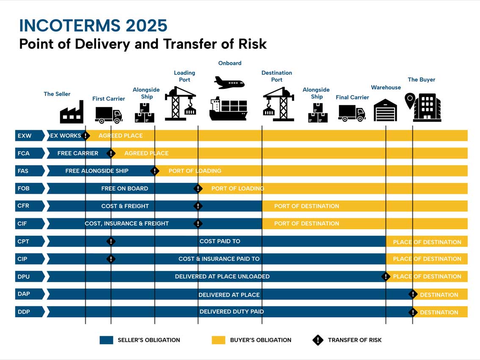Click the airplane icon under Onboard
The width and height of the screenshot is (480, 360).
pos(229,82)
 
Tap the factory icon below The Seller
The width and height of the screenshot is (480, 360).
pos(72,113)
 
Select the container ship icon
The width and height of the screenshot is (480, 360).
pos(228,109)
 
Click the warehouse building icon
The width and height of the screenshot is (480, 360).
pos(385,110)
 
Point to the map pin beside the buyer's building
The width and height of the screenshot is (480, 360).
pos(410,101)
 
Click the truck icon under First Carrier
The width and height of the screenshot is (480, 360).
pos(108,115)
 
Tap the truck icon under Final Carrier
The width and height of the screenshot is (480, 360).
pos(352,113)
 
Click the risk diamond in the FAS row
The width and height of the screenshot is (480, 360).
pos(155,171)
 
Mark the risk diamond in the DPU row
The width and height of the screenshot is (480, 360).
pos(386,277)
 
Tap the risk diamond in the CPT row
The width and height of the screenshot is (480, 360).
pos(111,241)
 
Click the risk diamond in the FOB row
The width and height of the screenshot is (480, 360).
pos(198,188)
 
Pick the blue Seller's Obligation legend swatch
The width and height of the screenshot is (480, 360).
pos(106,340)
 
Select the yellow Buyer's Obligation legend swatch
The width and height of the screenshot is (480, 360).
pos(218,340)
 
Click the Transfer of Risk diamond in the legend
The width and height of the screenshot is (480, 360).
pos(317,340)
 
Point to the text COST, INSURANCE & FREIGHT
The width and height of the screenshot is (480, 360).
pos(127,223)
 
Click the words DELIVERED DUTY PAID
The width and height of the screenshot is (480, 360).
pos(232,312)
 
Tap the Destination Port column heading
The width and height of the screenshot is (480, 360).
pos(277,76)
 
